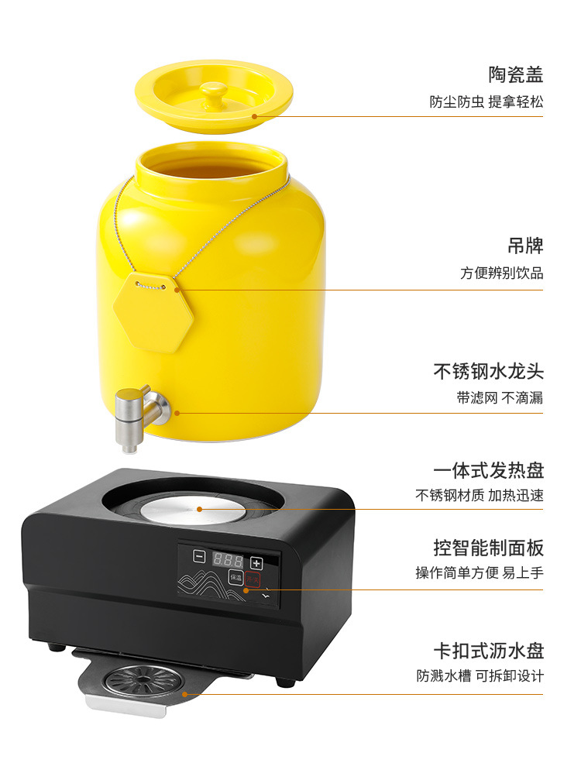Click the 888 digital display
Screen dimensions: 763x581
pyautogui.click(x=229, y=560)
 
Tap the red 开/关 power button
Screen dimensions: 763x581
pyautogui.click(x=252, y=578)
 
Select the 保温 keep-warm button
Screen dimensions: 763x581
pyautogui.click(x=235, y=578)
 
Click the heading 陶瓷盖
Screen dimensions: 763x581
pyautogui.click(x=515, y=75)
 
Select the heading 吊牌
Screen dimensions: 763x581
pyautogui.click(x=524, y=246)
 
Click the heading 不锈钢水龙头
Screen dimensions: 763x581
pyautogui.click(x=488, y=371)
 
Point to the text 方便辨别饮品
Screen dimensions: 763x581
pyautogui.click(x=501, y=273)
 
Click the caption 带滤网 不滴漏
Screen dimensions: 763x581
pyautogui.click(x=499, y=398)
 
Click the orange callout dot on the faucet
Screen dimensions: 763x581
pyautogui.click(x=177, y=413)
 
